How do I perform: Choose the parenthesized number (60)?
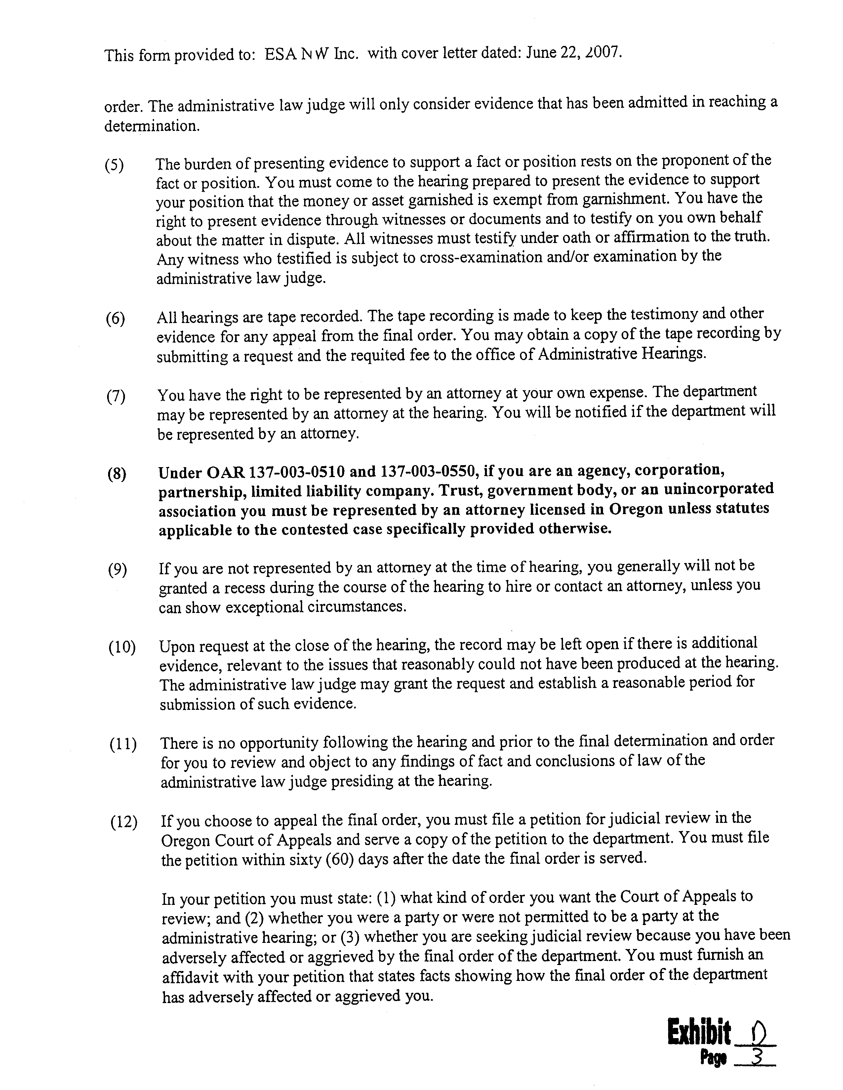coord(340,861)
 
